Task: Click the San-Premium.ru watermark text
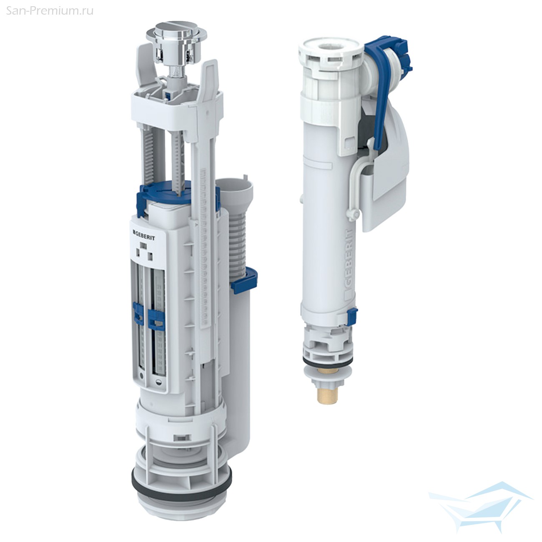[x=50, y=11]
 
